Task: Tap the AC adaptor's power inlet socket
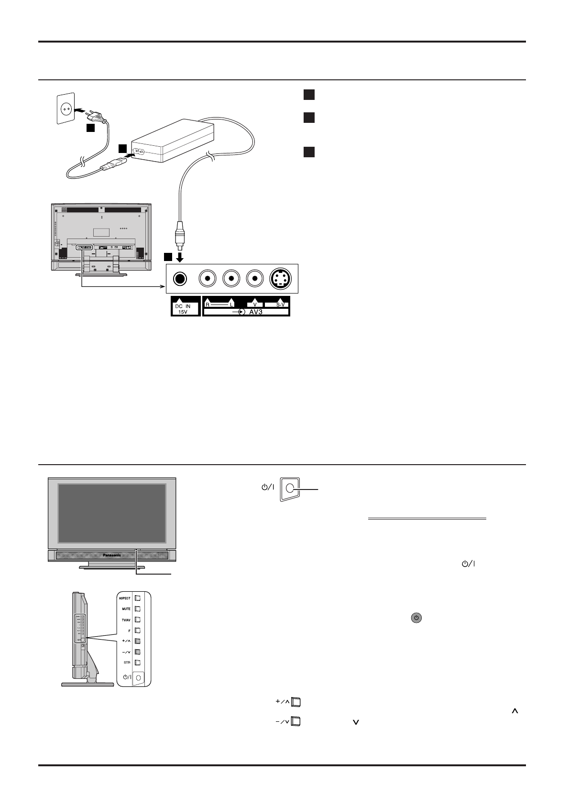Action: click(x=139, y=152)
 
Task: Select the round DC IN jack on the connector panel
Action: click(x=180, y=279)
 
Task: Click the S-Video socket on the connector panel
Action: click(x=279, y=279)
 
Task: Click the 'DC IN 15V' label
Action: click(x=185, y=306)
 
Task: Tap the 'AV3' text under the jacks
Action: click(x=259, y=312)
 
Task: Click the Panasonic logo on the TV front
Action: click(x=112, y=555)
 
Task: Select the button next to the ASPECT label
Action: click(x=138, y=598)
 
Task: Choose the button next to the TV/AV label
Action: click(x=138, y=620)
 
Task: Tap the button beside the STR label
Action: click(x=138, y=663)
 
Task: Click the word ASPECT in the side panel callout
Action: click(x=124, y=598)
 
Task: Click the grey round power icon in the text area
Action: click(x=416, y=618)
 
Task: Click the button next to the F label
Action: click(x=138, y=631)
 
